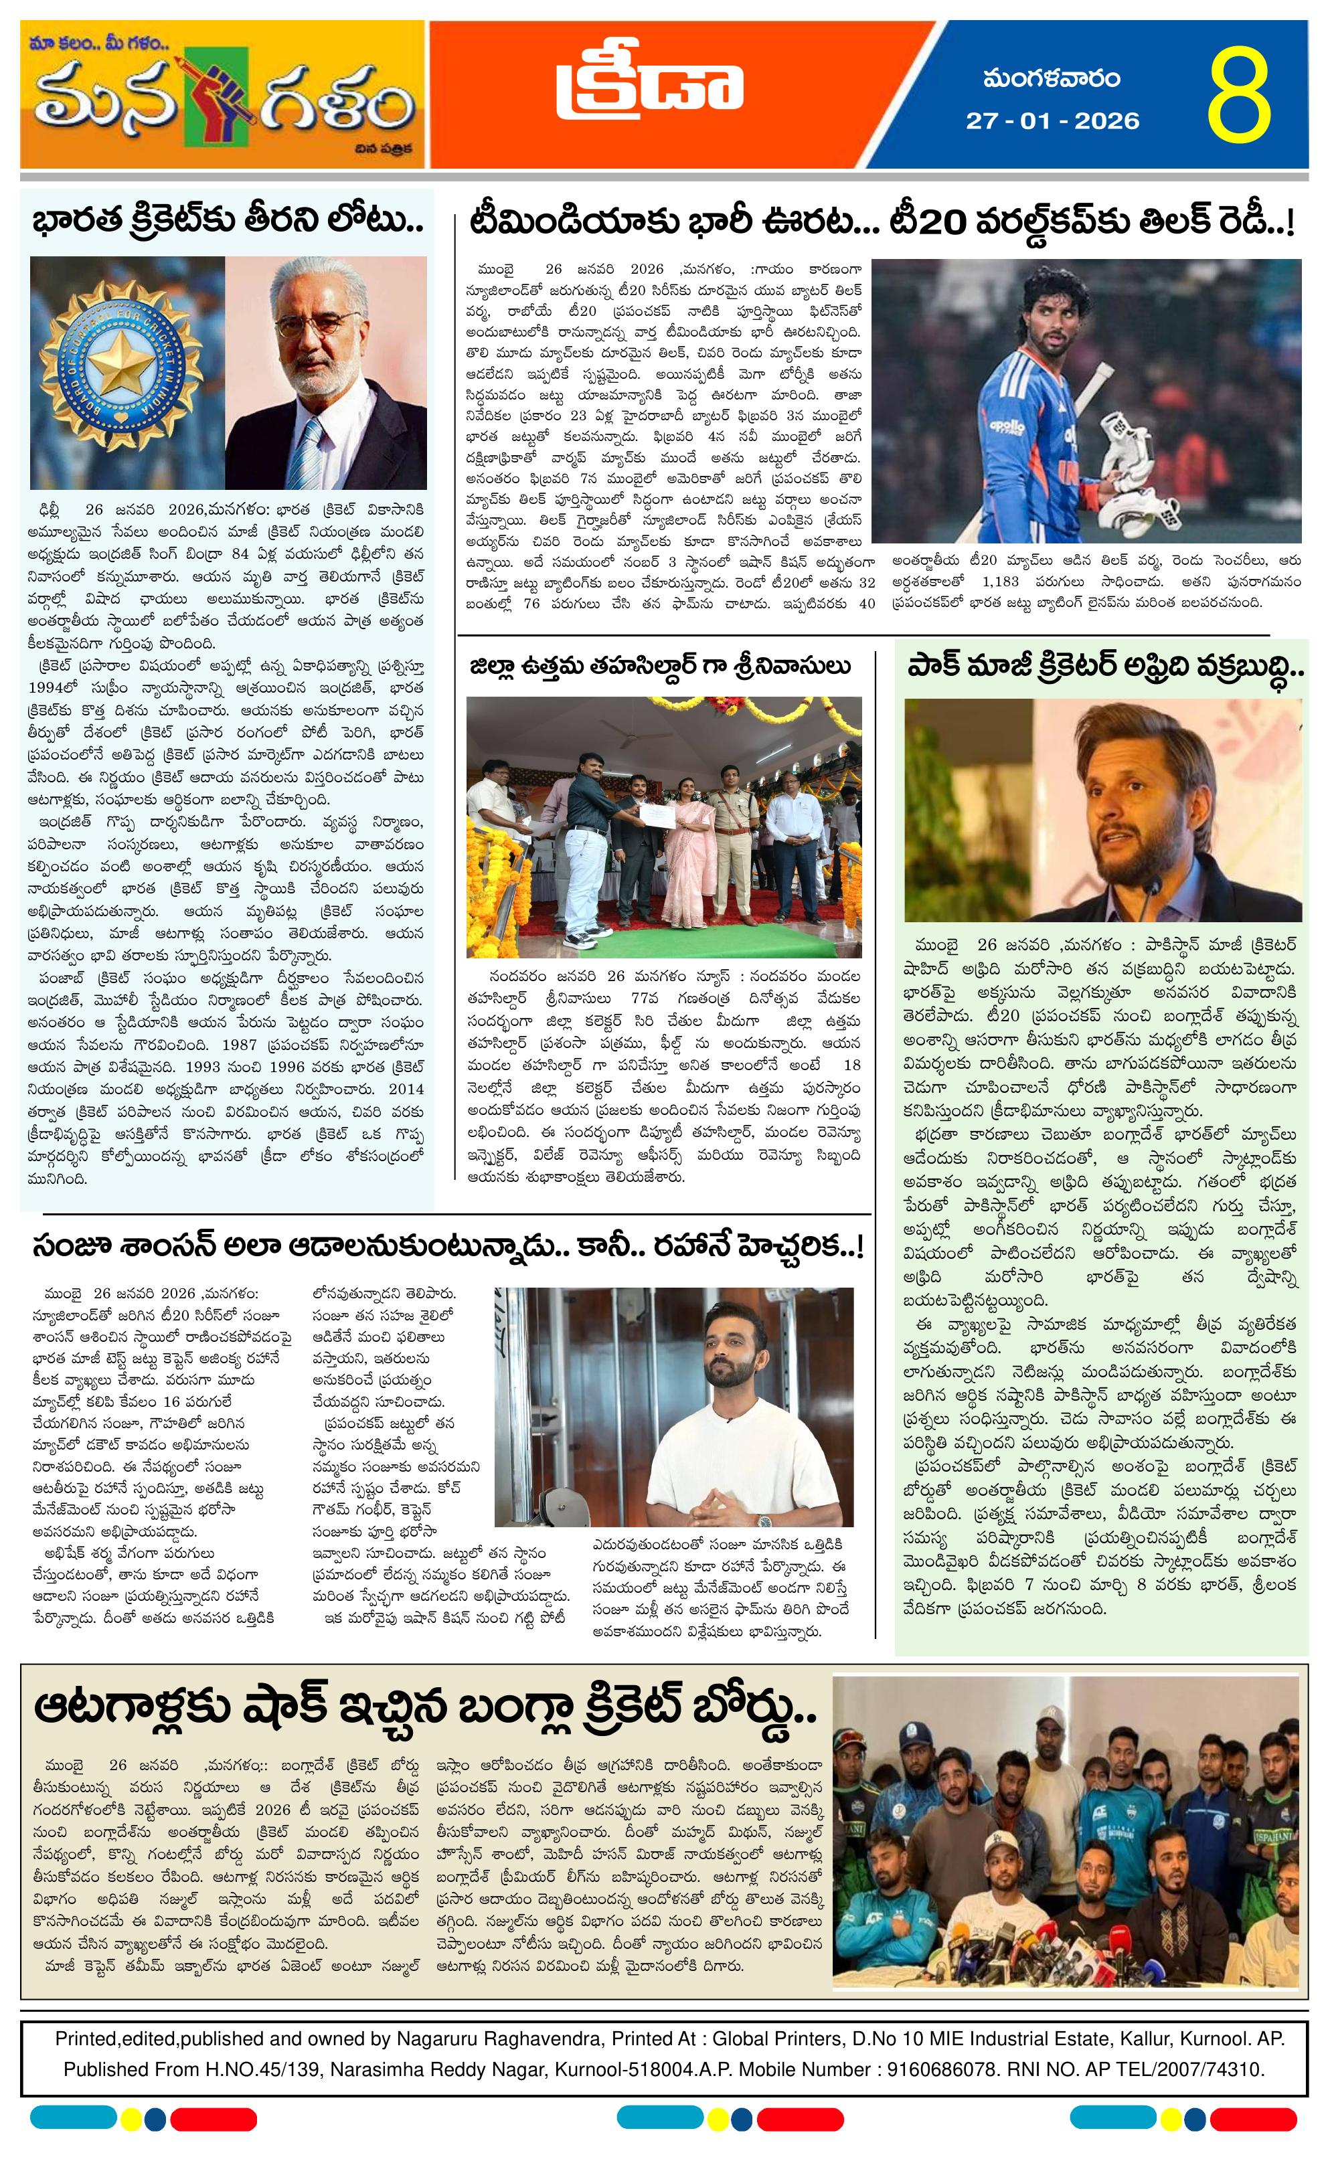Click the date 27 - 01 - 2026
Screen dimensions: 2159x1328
pyautogui.click(x=1052, y=120)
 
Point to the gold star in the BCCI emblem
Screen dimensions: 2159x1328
pyautogui.click(x=119, y=368)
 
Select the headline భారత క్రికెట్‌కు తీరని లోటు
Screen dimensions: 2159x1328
pyautogui.click(x=228, y=220)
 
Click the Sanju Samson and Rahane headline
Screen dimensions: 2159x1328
pyautogui.click(x=448, y=1246)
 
